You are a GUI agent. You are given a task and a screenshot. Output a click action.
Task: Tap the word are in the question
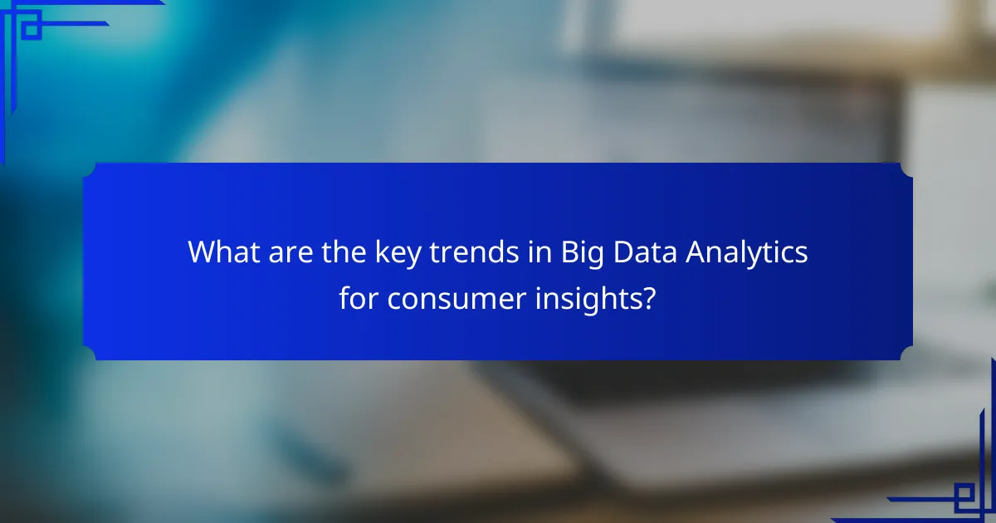286,252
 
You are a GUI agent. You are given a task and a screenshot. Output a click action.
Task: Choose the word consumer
452,299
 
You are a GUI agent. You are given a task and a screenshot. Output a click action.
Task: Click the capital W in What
202,252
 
